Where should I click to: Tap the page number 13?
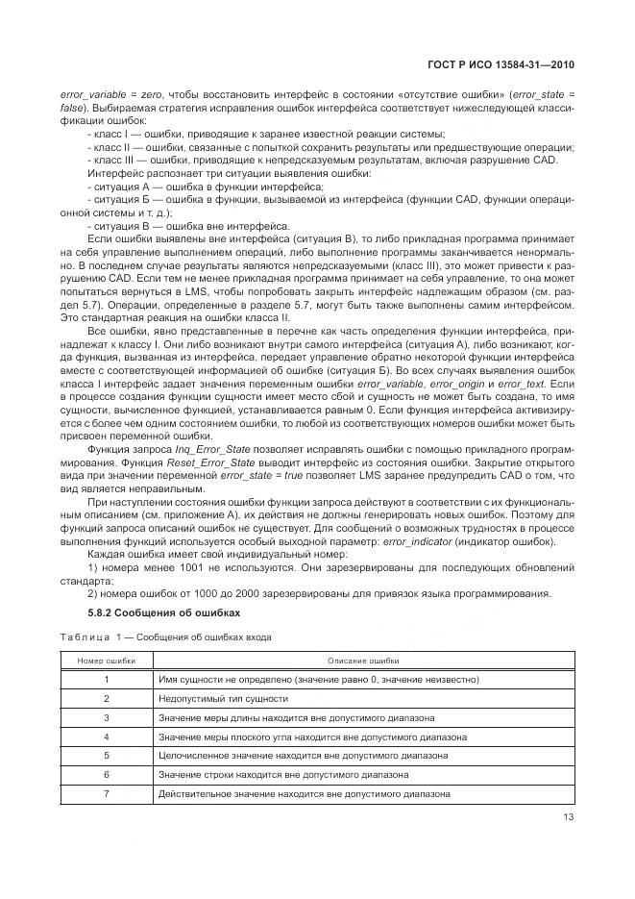tap(568, 818)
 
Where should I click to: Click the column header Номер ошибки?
tap(106, 662)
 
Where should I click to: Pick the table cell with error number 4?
tap(106, 737)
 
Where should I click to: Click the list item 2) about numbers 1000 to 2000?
tap(317, 592)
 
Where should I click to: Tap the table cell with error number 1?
tap(106, 680)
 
